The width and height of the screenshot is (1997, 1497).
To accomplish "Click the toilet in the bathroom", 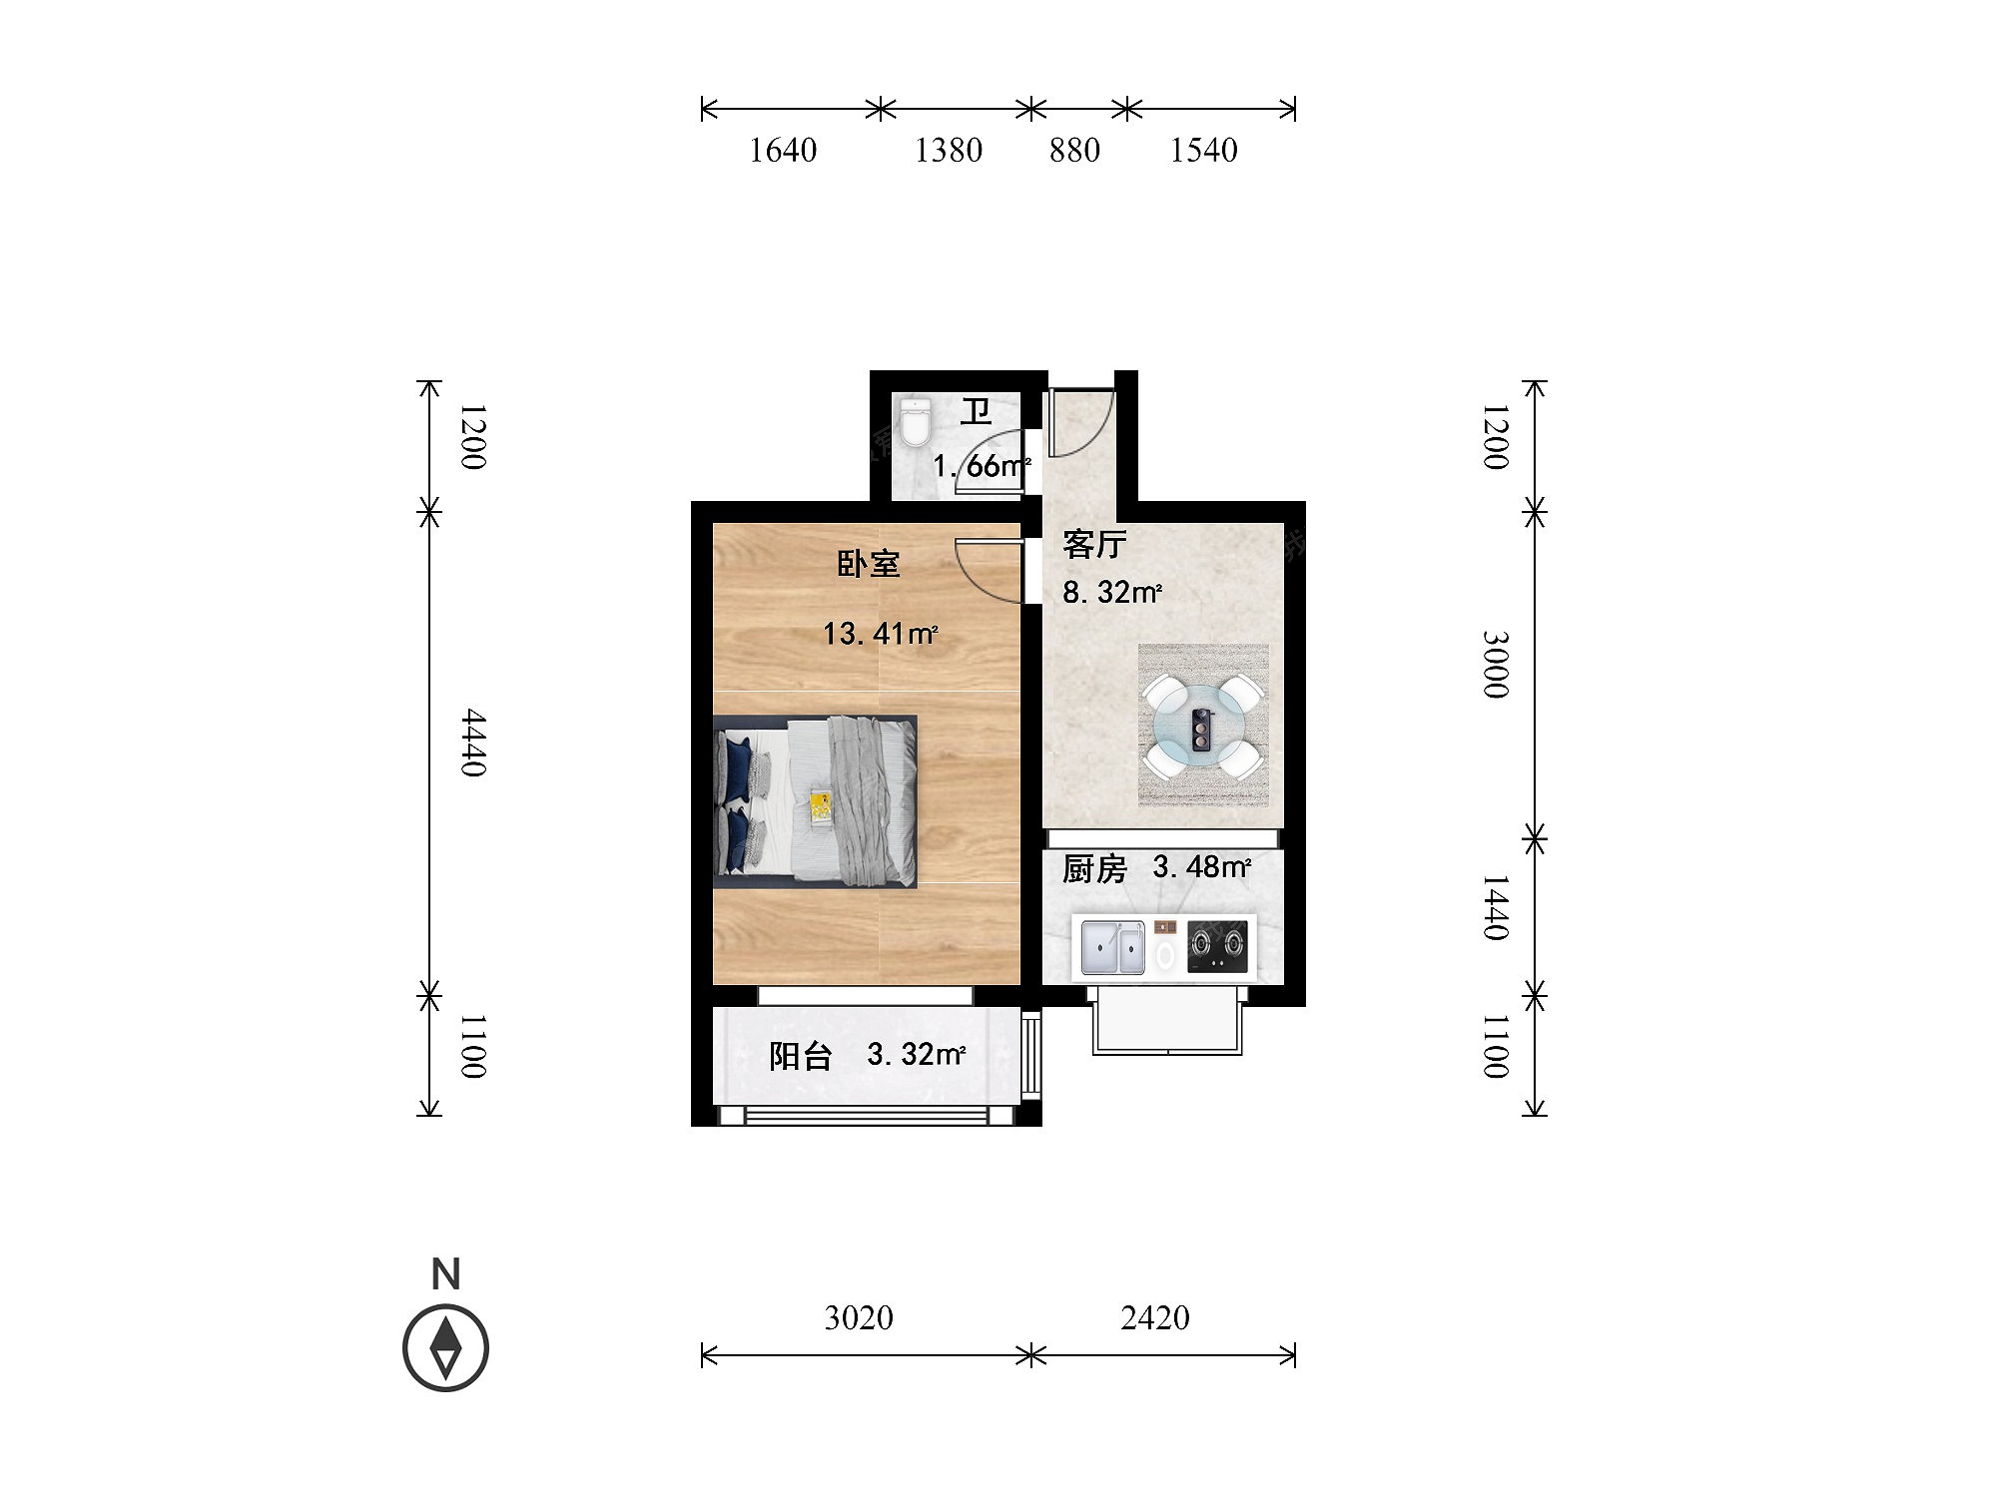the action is [915, 423].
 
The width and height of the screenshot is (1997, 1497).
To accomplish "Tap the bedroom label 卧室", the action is [869, 564].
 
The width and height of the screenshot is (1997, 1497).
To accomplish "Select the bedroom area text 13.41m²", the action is [880, 634].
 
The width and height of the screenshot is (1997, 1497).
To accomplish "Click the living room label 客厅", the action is [1094, 544].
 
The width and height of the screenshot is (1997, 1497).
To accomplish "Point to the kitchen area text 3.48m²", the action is [1201, 866].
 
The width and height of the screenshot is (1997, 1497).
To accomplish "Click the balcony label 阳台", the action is [801, 1056].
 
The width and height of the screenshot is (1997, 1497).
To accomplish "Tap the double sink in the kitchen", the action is [1113, 948].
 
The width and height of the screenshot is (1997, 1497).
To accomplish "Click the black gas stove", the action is [1217, 947].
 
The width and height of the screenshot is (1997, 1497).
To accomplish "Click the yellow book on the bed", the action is [821, 806].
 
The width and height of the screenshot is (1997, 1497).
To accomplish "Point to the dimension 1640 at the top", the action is [783, 151].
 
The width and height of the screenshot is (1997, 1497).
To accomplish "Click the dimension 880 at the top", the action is [1074, 151].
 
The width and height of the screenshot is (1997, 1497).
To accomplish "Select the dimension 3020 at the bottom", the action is [859, 1318].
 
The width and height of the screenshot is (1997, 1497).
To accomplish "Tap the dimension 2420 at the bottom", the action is [1155, 1318].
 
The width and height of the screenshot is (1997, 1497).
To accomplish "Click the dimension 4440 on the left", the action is [473, 743].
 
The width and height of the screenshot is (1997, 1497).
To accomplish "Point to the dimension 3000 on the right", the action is [1495, 664].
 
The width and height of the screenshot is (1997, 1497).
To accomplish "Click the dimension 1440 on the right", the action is [1495, 907].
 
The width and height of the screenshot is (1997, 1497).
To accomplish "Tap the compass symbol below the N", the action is [445, 1348].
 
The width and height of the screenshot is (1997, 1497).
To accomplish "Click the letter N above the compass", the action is [446, 1274].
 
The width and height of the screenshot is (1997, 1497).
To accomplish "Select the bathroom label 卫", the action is [976, 411].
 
